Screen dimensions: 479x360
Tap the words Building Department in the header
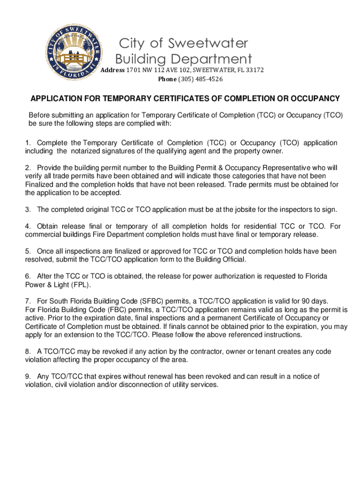[183, 59]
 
